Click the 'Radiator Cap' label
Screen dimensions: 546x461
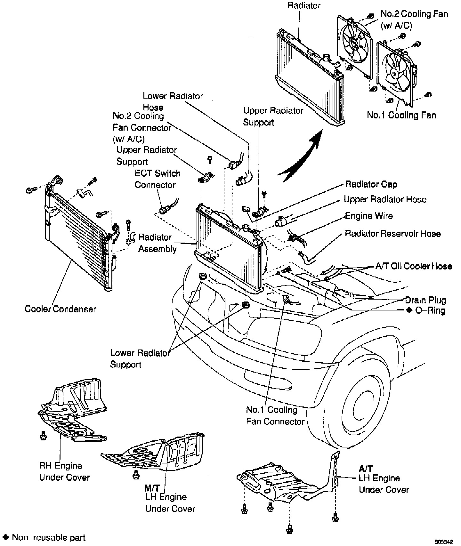(x=371, y=184)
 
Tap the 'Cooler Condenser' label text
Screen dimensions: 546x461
(x=60, y=309)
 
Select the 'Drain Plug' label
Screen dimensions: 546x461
(x=425, y=300)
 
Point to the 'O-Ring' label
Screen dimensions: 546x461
(x=430, y=310)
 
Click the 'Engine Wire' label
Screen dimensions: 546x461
(x=368, y=216)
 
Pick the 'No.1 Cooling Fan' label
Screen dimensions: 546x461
(x=401, y=115)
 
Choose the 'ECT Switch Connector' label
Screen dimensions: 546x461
(x=157, y=179)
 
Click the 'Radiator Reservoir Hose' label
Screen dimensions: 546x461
(x=392, y=234)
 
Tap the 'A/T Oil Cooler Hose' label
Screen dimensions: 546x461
(x=413, y=266)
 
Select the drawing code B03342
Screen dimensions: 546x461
(x=444, y=542)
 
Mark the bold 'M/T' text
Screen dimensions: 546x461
(x=152, y=488)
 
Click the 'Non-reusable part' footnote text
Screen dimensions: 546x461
(x=49, y=537)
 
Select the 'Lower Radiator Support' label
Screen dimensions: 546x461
(x=139, y=359)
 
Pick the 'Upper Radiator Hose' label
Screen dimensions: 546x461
(x=385, y=199)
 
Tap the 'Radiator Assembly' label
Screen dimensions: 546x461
(x=157, y=243)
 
